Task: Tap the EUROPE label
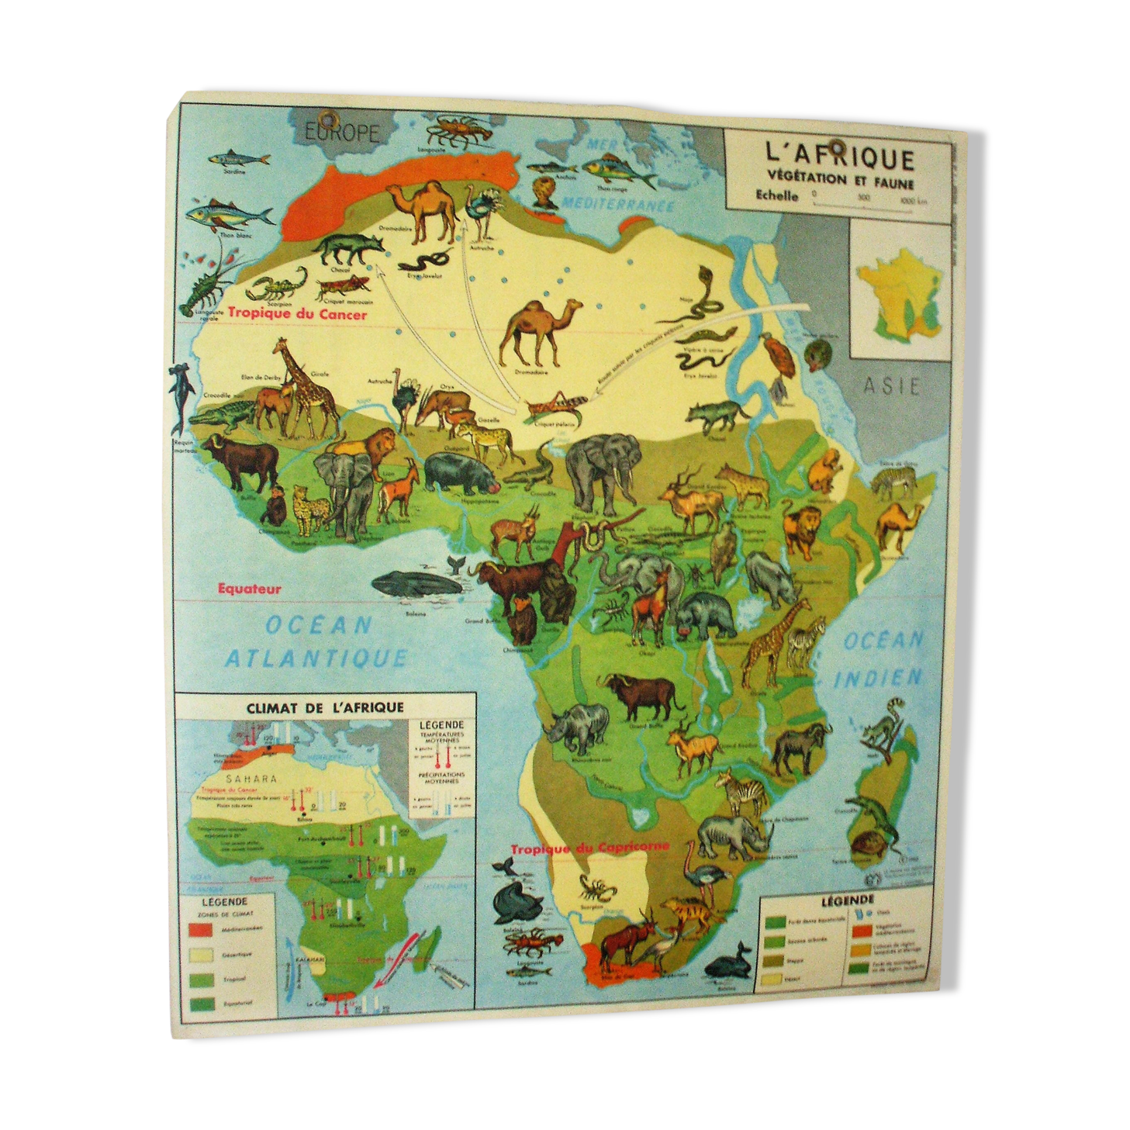342,133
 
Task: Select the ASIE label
891,385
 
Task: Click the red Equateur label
249,589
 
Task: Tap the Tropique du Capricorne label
589,848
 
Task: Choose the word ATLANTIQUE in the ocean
316,658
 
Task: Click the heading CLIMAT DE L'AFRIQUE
324,707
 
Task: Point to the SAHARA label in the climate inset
251,779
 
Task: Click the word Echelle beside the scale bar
776,195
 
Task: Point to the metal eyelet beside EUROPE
328,120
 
